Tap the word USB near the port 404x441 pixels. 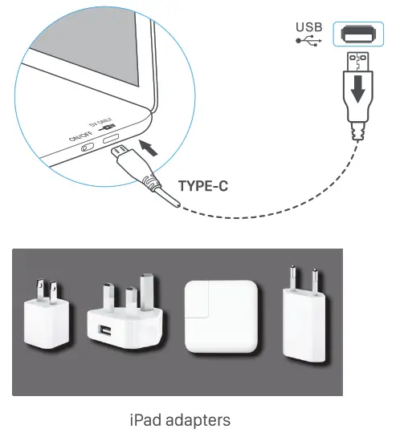(308, 26)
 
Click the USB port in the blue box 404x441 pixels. (356, 34)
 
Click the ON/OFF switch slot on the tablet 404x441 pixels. (87, 147)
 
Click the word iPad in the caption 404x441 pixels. (145, 419)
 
